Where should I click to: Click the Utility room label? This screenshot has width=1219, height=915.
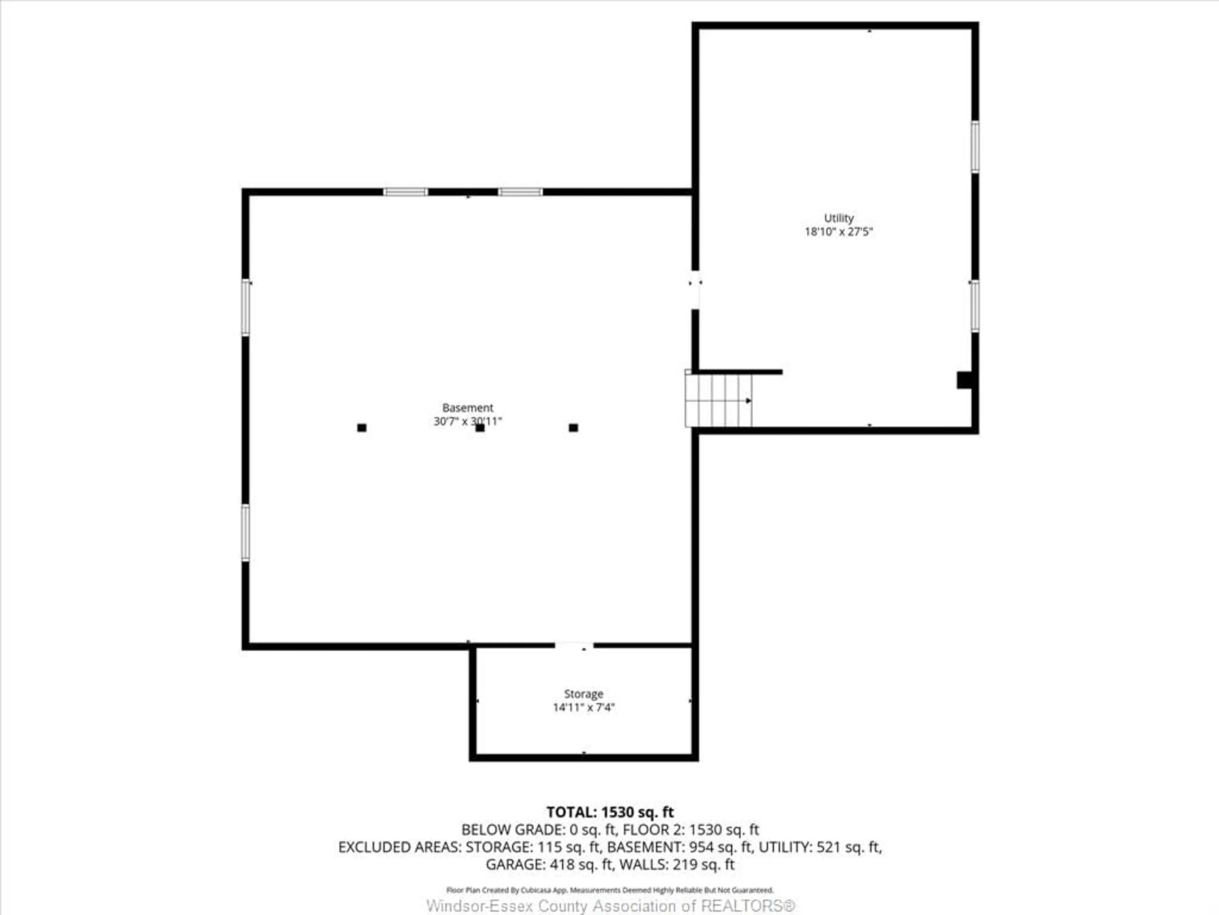[839, 218]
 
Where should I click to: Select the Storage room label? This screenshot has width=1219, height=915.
[583, 694]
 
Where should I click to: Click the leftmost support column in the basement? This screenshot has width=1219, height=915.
[362, 427]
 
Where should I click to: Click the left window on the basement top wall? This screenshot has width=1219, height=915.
[406, 192]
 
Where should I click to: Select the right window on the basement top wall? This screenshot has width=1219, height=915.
[520, 192]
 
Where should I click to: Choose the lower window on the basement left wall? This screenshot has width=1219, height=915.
[246, 533]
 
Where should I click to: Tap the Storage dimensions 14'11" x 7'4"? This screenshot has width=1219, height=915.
[583, 708]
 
